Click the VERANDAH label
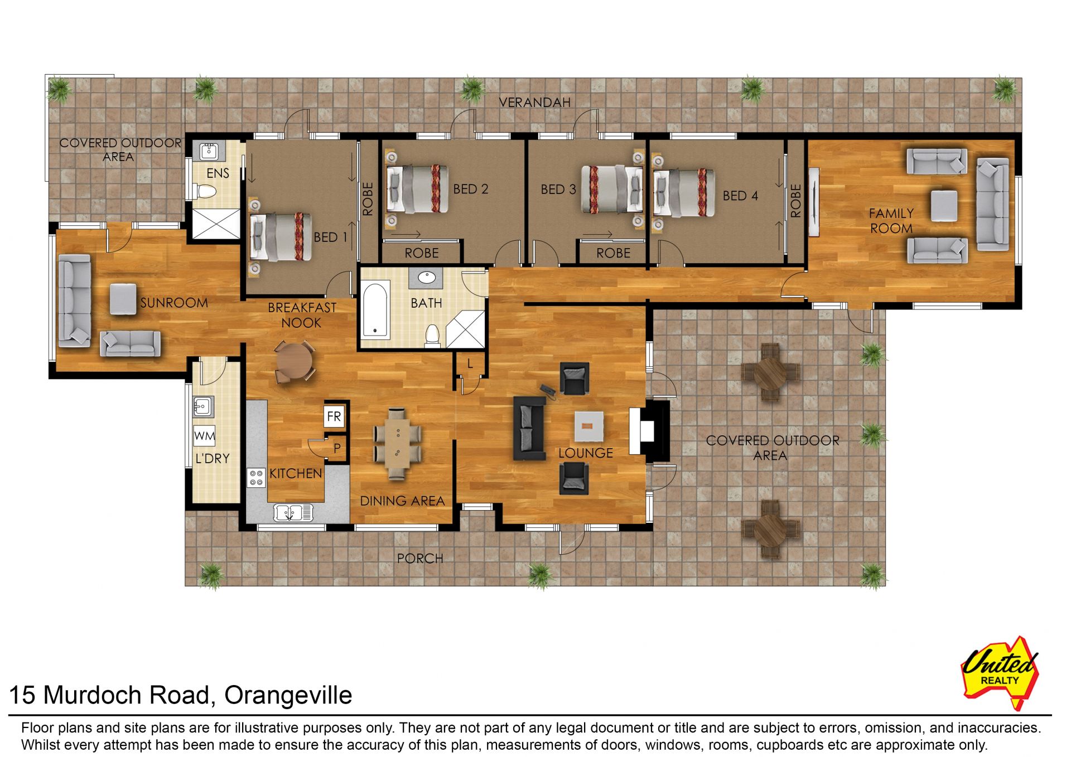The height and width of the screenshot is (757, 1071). (x=534, y=103)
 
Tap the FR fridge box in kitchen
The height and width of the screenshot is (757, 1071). (x=334, y=416)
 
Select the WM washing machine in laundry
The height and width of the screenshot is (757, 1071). (x=204, y=436)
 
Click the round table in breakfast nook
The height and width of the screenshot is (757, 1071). (x=295, y=361)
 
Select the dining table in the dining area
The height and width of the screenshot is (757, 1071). (x=398, y=443)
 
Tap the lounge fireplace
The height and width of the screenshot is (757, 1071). (x=649, y=430)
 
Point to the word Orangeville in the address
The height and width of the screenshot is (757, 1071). (x=288, y=695)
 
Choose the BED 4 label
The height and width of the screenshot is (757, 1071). (x=740, y=196)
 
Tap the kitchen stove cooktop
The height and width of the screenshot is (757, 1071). (x=256, y=478)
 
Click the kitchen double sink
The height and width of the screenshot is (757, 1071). (x=293, y=511)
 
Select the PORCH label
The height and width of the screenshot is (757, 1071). (x=419, y=558)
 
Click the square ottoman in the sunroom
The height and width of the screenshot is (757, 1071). (x=123, y=299)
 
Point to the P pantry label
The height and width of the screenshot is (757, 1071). (x=337, y=448)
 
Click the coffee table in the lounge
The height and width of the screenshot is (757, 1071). (x=589, y=426)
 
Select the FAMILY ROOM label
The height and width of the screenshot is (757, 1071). (x=891, y=221)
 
